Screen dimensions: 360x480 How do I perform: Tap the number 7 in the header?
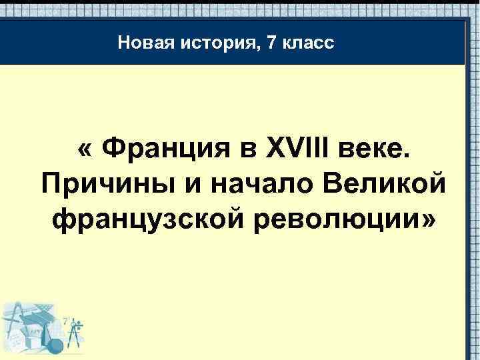(270, 44)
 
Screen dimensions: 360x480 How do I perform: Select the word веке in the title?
(374, 148)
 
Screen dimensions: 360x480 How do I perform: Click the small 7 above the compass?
(66, 319)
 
